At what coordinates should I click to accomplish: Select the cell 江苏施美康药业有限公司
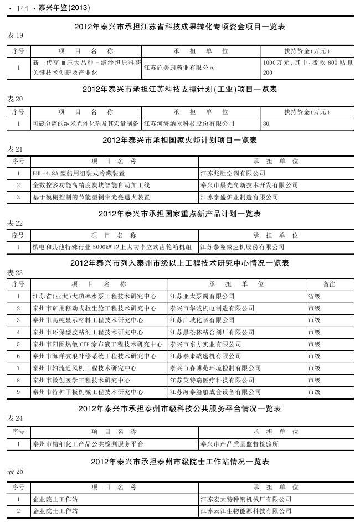pos(179,68)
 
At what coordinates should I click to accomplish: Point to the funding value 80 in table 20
pos(266,123)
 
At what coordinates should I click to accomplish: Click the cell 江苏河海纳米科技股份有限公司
pos(189,123)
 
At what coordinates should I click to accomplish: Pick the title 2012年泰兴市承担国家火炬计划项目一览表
pos(180,141)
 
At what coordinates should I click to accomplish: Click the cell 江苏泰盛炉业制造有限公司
pos(239,197)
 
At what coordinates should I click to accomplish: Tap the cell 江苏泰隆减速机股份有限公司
pos(242,247)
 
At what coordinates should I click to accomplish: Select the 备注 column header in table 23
pos(329,284)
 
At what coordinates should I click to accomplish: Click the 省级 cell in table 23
pos(314,296)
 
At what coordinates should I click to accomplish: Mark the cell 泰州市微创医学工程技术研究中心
pos(81,380)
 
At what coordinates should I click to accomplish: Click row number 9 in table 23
pos(18,392)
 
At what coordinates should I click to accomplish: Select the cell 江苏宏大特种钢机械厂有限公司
pos(246,499)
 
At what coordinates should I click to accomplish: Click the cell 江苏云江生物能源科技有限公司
pos(246,511)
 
